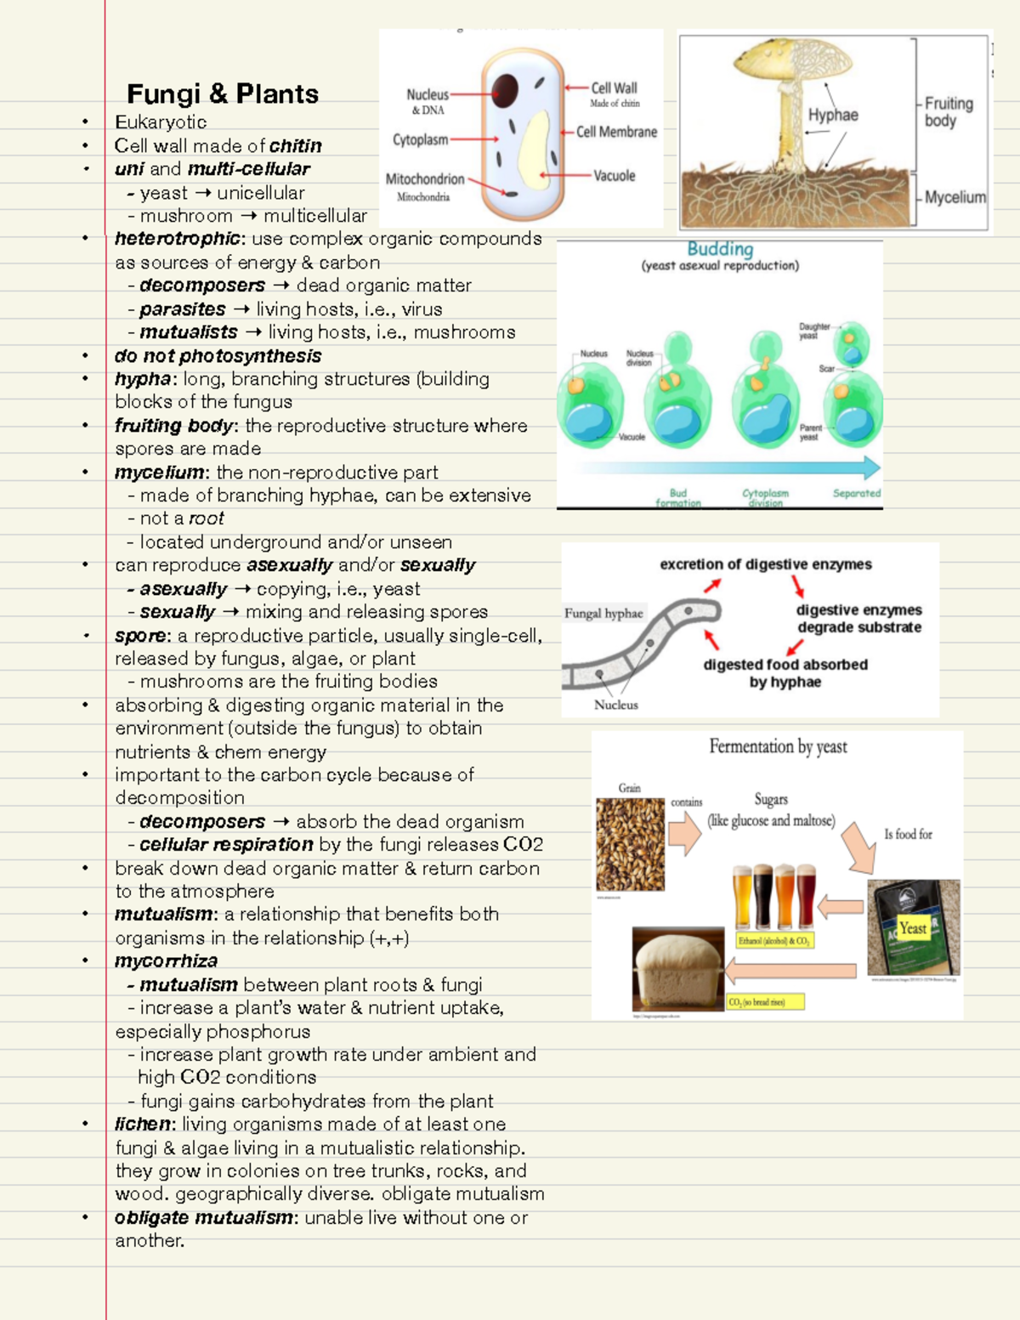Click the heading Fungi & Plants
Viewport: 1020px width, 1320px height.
[x=223, y=93]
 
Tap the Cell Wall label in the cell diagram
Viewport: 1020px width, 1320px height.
[x=614, y=88]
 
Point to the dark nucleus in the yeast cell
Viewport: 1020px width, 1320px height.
[x=505, y=89]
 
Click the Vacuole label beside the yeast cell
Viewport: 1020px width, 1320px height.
[x=614, y=176]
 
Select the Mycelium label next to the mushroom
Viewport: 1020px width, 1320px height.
[x=955, y=197]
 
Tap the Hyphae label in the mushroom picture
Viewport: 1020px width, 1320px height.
[x=833, y=115]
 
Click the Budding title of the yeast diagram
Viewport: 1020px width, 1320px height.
[x=720, y=249]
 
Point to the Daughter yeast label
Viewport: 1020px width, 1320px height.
[x=813, y=331]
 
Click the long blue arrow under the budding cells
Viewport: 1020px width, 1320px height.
[x=727, y=467]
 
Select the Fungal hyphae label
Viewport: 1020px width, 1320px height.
[x=603, y=613]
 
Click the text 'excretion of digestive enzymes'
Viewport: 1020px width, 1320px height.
[x=766, y=564]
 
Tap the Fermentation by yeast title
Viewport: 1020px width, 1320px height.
[x=778, y=746]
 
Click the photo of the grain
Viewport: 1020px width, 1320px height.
[x=630, y=844]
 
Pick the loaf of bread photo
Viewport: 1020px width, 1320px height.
[x=677, y=969]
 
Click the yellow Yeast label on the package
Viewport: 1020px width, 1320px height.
[x=913, y=928]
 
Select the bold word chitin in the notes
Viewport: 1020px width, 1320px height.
[x=296, y=145]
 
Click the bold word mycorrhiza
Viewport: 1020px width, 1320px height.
[x=166, y=961]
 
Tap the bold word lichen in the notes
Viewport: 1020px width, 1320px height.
[x=143, y=1124]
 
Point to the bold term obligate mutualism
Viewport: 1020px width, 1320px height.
[x=204, y=1217]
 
